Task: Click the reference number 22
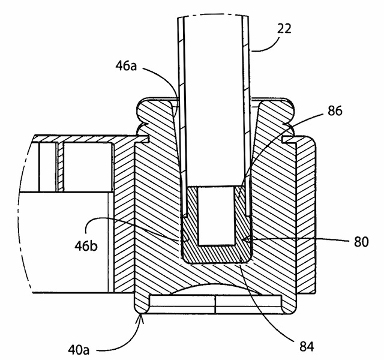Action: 284,28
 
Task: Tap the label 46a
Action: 126,66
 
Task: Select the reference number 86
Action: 335,111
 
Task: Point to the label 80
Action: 361,242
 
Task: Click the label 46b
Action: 86,246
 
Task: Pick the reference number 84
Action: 307,346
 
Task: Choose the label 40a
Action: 79,350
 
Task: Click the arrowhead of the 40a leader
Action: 141,317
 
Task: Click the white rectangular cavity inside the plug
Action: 216,216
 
